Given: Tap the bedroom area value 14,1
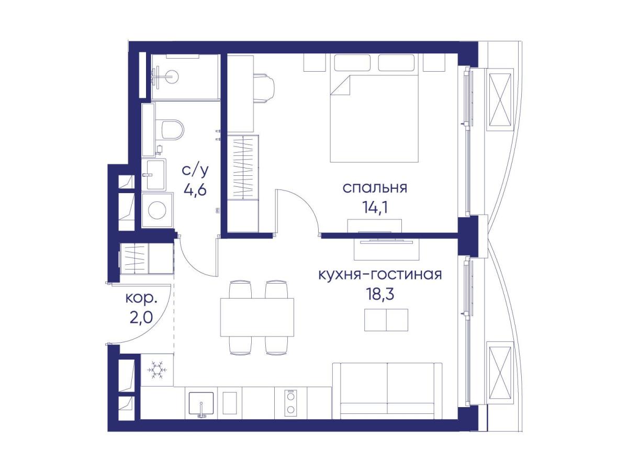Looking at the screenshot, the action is click(x=375, y=207).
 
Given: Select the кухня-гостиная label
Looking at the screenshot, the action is click(x=380, y=275).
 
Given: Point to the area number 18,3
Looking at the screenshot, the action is click(x=380, y=294).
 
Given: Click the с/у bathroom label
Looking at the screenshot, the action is click(x=195, y=171).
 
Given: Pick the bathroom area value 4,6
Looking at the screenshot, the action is click(x=195, y=189).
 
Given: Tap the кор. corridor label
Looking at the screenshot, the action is click(x=141, y=299).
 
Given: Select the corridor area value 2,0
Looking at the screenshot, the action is click(x=141, y=318).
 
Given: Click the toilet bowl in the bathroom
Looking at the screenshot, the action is click(x=172, y=130).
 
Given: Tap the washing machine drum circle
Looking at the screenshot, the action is click(x=157, y=210).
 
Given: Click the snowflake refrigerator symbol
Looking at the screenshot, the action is click(x=157, y=370).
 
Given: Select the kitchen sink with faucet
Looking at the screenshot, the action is click(x=201, y=403).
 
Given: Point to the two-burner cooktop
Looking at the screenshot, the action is click(x=290, y=403).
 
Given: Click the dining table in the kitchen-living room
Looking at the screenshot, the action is click(x=257, y=317).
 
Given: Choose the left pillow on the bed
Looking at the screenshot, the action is click(x=352, y=63).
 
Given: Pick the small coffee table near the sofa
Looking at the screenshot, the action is click(x=386, y=320).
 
